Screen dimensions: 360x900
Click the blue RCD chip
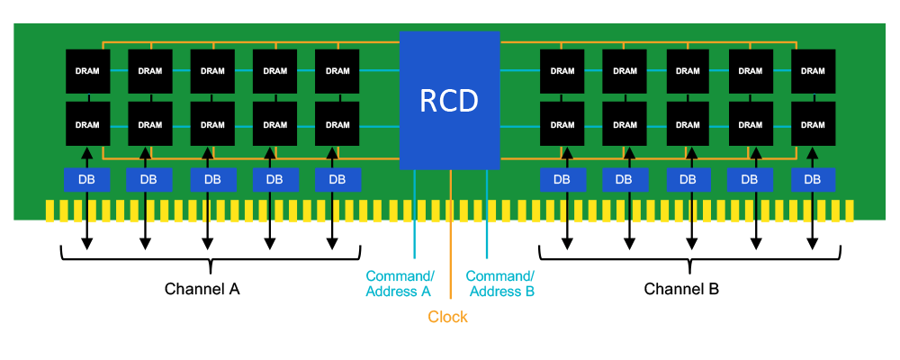tap(449, 100)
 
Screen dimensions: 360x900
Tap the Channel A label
tap(202, 289)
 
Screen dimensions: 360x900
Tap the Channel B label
tap(681, 289)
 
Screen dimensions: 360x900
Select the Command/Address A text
tap(400, 283)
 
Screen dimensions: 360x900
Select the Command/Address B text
tap(500, 283)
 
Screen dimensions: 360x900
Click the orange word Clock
tap(447, 317)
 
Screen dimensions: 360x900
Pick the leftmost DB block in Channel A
tap(87, 179)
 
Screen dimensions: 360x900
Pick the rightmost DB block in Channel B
tap(812, 179)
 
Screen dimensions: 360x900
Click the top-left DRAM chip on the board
tap(87, 71)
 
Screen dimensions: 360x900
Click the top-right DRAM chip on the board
tap(812, 71)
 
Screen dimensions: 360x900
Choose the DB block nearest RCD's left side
tap(337, 179)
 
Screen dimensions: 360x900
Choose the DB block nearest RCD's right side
tap(562, 179)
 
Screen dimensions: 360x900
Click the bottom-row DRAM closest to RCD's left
tap(337, 124)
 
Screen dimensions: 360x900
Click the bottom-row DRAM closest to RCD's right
tap(562, 124)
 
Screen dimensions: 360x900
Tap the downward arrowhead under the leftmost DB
tap(87, 245)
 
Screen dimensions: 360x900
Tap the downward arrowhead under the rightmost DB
tap(812, 245)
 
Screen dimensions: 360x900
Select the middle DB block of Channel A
tap(212, 179)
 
